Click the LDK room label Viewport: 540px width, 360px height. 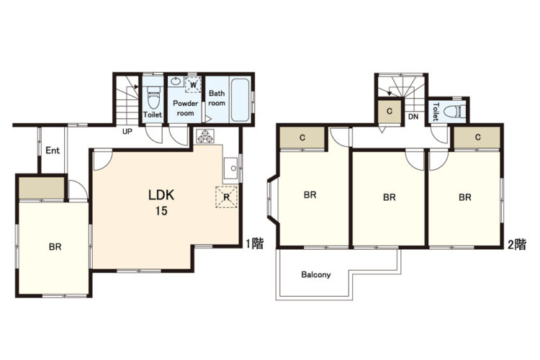[161, 195]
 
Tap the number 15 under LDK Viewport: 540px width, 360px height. [161, 210]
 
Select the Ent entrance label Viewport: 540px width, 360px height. [53, 150]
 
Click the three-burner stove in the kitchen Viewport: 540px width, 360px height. [205, 136]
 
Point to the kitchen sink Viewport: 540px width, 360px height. [230, 168]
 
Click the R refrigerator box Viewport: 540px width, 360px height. [226, 197]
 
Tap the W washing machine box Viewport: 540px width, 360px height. [193, 84]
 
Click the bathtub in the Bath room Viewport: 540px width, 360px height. [240, 100]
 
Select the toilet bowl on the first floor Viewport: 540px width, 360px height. [153, 97]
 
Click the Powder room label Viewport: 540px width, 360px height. [185, 108]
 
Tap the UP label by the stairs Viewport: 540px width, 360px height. [127, 131]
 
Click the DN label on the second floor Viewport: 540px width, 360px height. [413, 117]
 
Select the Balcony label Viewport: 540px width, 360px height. [316, 274]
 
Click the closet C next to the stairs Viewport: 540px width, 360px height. [390, 111]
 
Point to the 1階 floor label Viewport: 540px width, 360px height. [254, 243]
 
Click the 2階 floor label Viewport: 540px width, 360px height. [517, 244]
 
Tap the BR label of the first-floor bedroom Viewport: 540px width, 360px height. [55, 247]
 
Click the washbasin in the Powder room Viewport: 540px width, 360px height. [176, 81]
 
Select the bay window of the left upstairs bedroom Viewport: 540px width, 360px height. [272, 201]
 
